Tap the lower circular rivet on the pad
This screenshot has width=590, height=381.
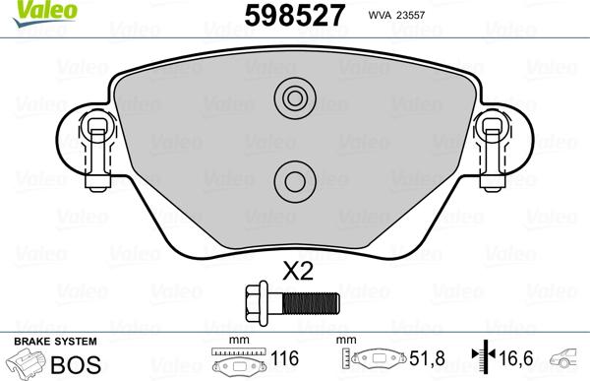click(x=293, y=178)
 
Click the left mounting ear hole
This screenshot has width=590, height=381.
click(x=96, y=125)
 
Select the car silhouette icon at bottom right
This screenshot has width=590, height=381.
click(x=567, y=360)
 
